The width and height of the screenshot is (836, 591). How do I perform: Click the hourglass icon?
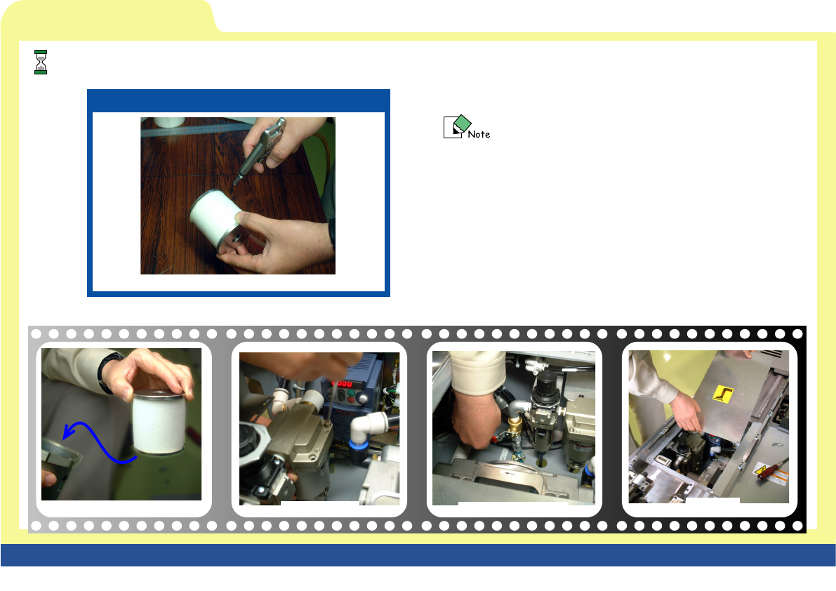click(x=41, y=62)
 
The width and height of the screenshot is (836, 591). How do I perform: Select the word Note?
click(x=479, y=134)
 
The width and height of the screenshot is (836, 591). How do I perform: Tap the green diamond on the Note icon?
click(x=462, y=123)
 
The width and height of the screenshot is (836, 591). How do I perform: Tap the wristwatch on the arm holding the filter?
click(x=107, y=371)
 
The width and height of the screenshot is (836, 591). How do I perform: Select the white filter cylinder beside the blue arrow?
click(x=159, y=422)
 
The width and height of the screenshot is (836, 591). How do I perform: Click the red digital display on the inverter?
click(x=342, y=384)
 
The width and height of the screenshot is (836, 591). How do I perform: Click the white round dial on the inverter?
click(x=363, y=397)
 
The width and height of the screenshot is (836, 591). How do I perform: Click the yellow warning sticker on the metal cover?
click(x=723, y=394)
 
